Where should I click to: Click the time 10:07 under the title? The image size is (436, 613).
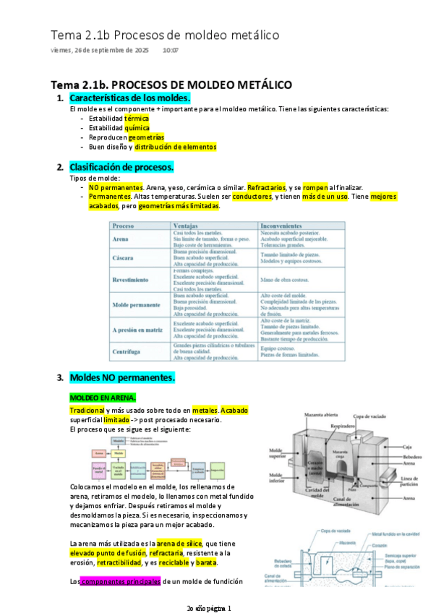(171, 51)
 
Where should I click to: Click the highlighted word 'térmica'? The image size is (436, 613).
(137, 118)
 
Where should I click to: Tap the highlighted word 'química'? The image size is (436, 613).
(137, 127)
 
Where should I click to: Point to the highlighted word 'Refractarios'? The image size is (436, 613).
(266, 187)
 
